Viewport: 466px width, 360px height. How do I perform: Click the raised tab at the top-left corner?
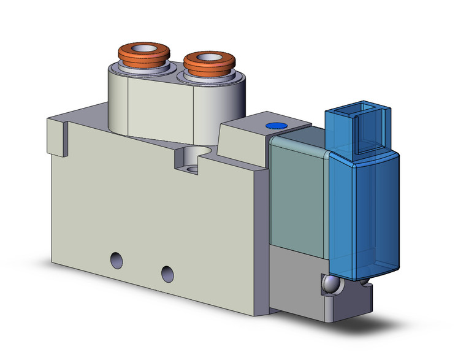56,132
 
